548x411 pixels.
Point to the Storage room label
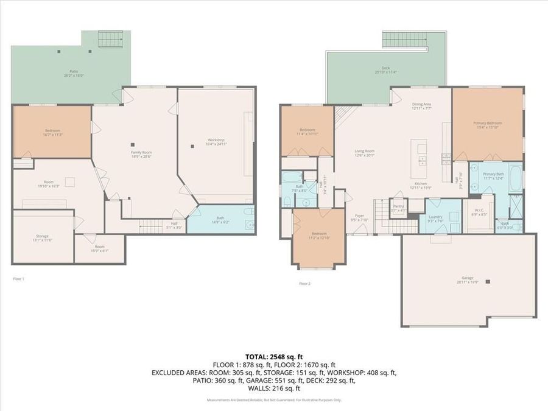(x=42, y=237)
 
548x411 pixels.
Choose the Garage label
(x=468, y=279)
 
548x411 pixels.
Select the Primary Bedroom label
(x=488, y=125)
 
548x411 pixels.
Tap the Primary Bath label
(x=493, y=176)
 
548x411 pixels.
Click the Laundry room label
(x=435, y=219)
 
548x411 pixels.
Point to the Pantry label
(x=398, y=208)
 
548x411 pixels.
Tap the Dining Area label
(x=421, y=106)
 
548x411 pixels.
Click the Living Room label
(x=365, y=153)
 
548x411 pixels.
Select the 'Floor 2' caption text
(x=304, y=284)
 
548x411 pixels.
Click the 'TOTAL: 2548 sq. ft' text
(x=274, y=357)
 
